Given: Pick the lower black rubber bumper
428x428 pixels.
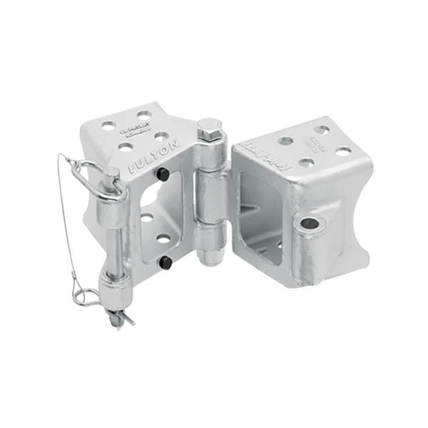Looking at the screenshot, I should point(165,263).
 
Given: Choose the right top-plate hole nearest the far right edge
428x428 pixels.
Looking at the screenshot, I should point(343,151).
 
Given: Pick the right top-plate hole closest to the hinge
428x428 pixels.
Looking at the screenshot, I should point(286,141).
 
